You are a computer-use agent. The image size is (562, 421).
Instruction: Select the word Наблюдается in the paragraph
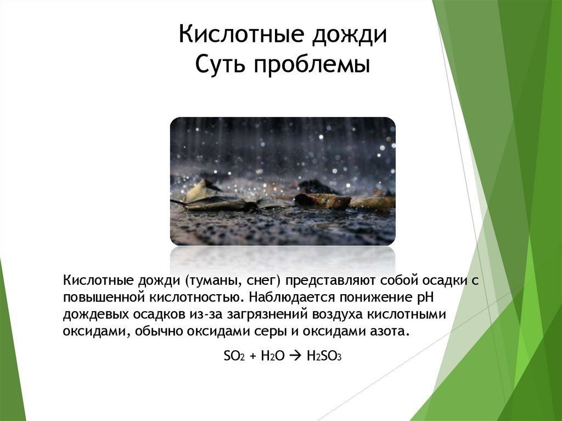click(285, 298)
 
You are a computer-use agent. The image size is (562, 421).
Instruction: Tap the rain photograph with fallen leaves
click(283, 181)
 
